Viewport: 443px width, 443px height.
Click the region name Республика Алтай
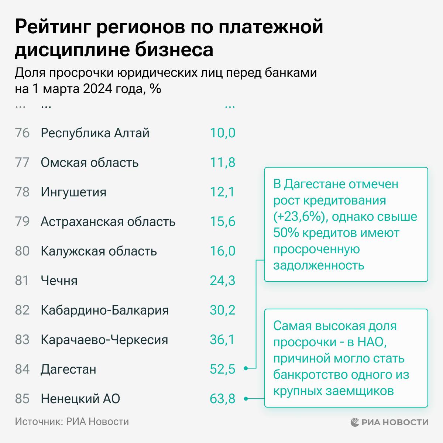[x=95, y=133]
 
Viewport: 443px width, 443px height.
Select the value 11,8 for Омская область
[x=222, y=162]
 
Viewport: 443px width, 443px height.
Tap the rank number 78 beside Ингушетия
[x=22, y=192]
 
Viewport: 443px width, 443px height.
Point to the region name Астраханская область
[x=108, y=221]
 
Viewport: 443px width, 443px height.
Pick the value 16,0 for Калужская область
[x=222, y=251]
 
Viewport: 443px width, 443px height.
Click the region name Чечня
[x=59, y=281]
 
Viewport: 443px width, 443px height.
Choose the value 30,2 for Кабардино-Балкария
[x=222, y=310]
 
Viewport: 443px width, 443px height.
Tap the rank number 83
[x=22, y=340]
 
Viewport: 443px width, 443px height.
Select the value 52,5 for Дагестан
[x=222, y=369]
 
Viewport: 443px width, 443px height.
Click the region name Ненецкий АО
[x=80, y=399]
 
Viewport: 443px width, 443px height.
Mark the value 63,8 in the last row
[x=222, y=399]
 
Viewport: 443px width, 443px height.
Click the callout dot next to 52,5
[x=245, y=368]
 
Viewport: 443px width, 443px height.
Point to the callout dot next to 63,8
[x=245, y=398]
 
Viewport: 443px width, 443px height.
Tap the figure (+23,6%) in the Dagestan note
[x=300, y=217]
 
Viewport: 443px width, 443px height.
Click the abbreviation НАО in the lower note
[x=371, y=342]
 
